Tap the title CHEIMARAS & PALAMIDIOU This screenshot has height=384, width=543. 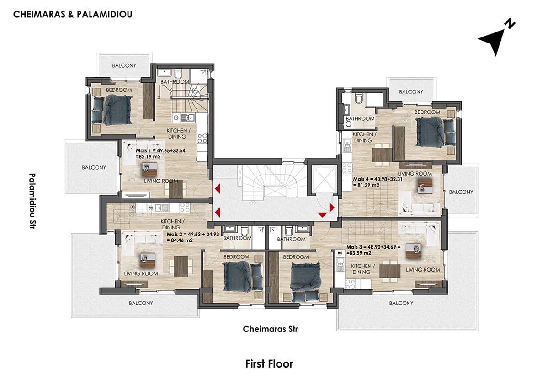coord(73,15)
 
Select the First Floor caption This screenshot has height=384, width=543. coord(269,364)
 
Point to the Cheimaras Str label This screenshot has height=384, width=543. coord(271,329)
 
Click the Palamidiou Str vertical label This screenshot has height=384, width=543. coord(32,201)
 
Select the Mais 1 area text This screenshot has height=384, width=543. coord(161,154)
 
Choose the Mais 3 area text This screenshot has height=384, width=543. coord(373,250)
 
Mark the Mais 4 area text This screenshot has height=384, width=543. coord(378,182)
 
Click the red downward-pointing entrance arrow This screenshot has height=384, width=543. coord(322,215)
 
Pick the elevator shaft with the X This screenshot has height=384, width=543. coord(324,179)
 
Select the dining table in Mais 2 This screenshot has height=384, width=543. coord(181,266)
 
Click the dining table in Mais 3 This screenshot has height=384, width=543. coord(390,271)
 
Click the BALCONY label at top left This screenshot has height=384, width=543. coord(124,65)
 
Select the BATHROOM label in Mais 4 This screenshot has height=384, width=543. coord(360,118)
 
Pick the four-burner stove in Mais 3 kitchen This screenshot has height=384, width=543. coord(350,284)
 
